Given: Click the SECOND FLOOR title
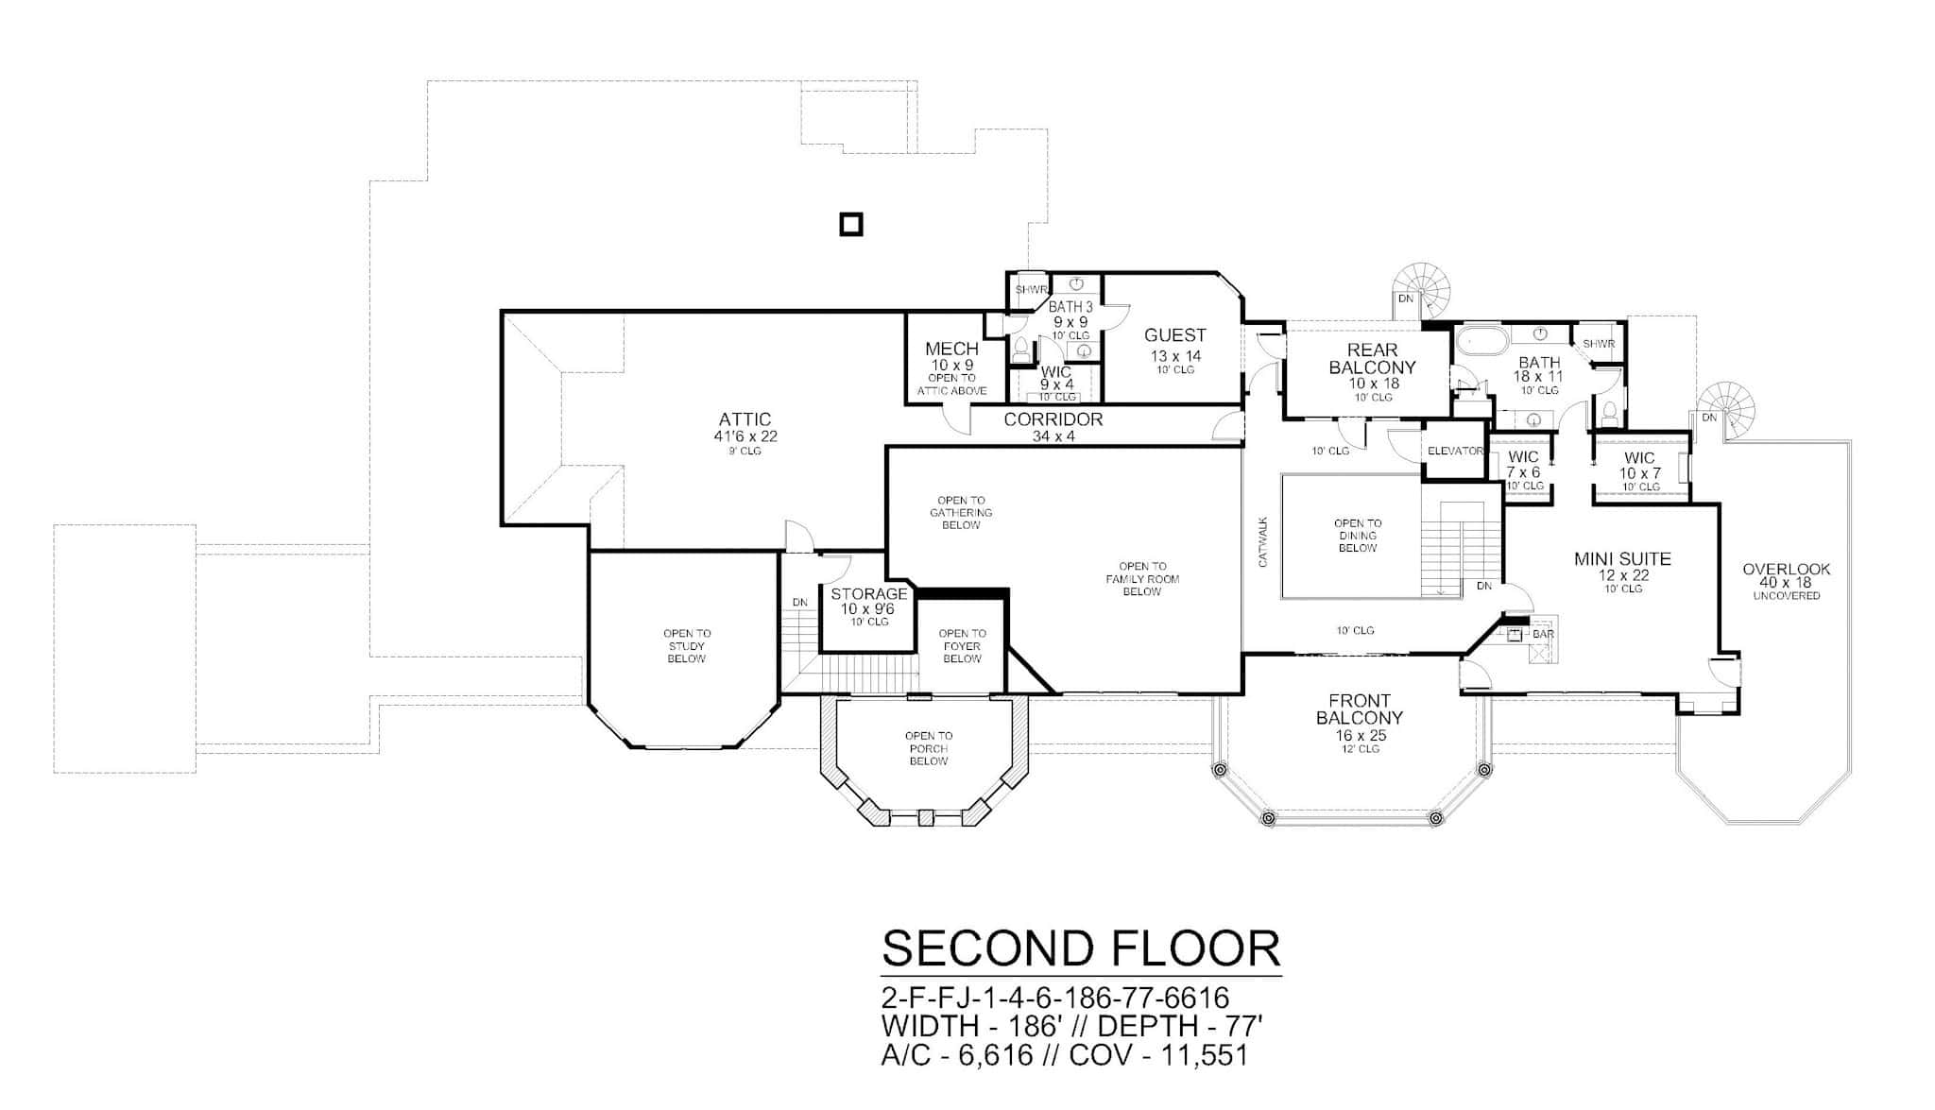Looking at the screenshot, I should point(1081,948).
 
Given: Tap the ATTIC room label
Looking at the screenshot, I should point(745,419).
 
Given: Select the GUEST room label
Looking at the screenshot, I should point(1174,335).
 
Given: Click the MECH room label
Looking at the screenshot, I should point(951,350).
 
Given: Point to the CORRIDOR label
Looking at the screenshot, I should point(1053,419).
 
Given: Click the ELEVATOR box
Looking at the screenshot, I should point(1454,452).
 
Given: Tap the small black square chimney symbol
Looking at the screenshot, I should point(851,224).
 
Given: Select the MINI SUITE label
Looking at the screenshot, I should point(1622,559).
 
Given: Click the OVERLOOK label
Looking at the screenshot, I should point(1786,570).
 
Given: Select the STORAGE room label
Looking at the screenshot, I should point(868,594).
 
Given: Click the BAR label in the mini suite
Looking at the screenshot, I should point(1542,634).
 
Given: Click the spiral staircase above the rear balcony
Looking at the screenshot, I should point(1425,286).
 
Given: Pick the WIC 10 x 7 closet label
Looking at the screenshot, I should point(1639,458).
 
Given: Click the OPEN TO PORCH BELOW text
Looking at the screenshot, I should point(928,748).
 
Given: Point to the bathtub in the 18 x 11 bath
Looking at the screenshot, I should point(1478,341).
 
